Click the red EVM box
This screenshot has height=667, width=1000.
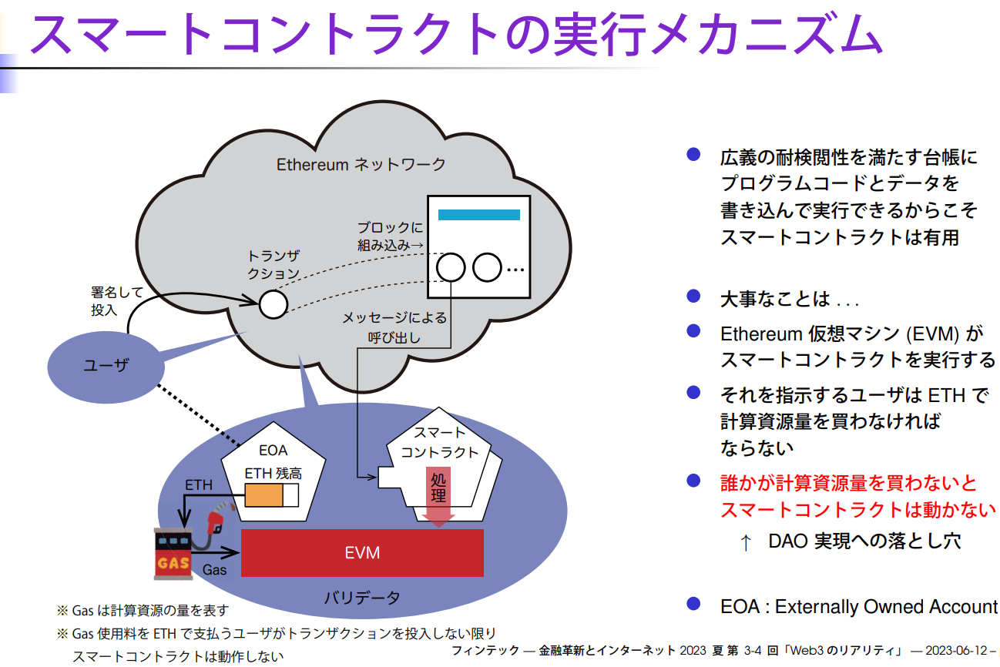coord(362,552)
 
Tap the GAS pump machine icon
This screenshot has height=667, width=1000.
coord(173,552)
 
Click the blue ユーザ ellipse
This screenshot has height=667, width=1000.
coord(105,366)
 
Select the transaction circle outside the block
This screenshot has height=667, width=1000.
coord(273,303)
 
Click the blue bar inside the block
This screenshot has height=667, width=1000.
coord(478,214)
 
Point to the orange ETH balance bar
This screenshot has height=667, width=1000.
coord(264,495)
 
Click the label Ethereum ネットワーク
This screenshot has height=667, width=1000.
coord(361,164)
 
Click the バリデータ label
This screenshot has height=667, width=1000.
coord(362,598)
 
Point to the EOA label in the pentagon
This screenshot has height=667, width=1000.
coord(273,451)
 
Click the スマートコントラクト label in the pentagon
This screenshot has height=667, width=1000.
coord(439,442)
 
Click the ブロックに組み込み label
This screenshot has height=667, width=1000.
coord(390,236)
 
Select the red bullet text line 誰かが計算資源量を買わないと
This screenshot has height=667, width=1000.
coord(848,483)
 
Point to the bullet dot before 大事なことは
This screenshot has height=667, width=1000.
coord(693,296)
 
